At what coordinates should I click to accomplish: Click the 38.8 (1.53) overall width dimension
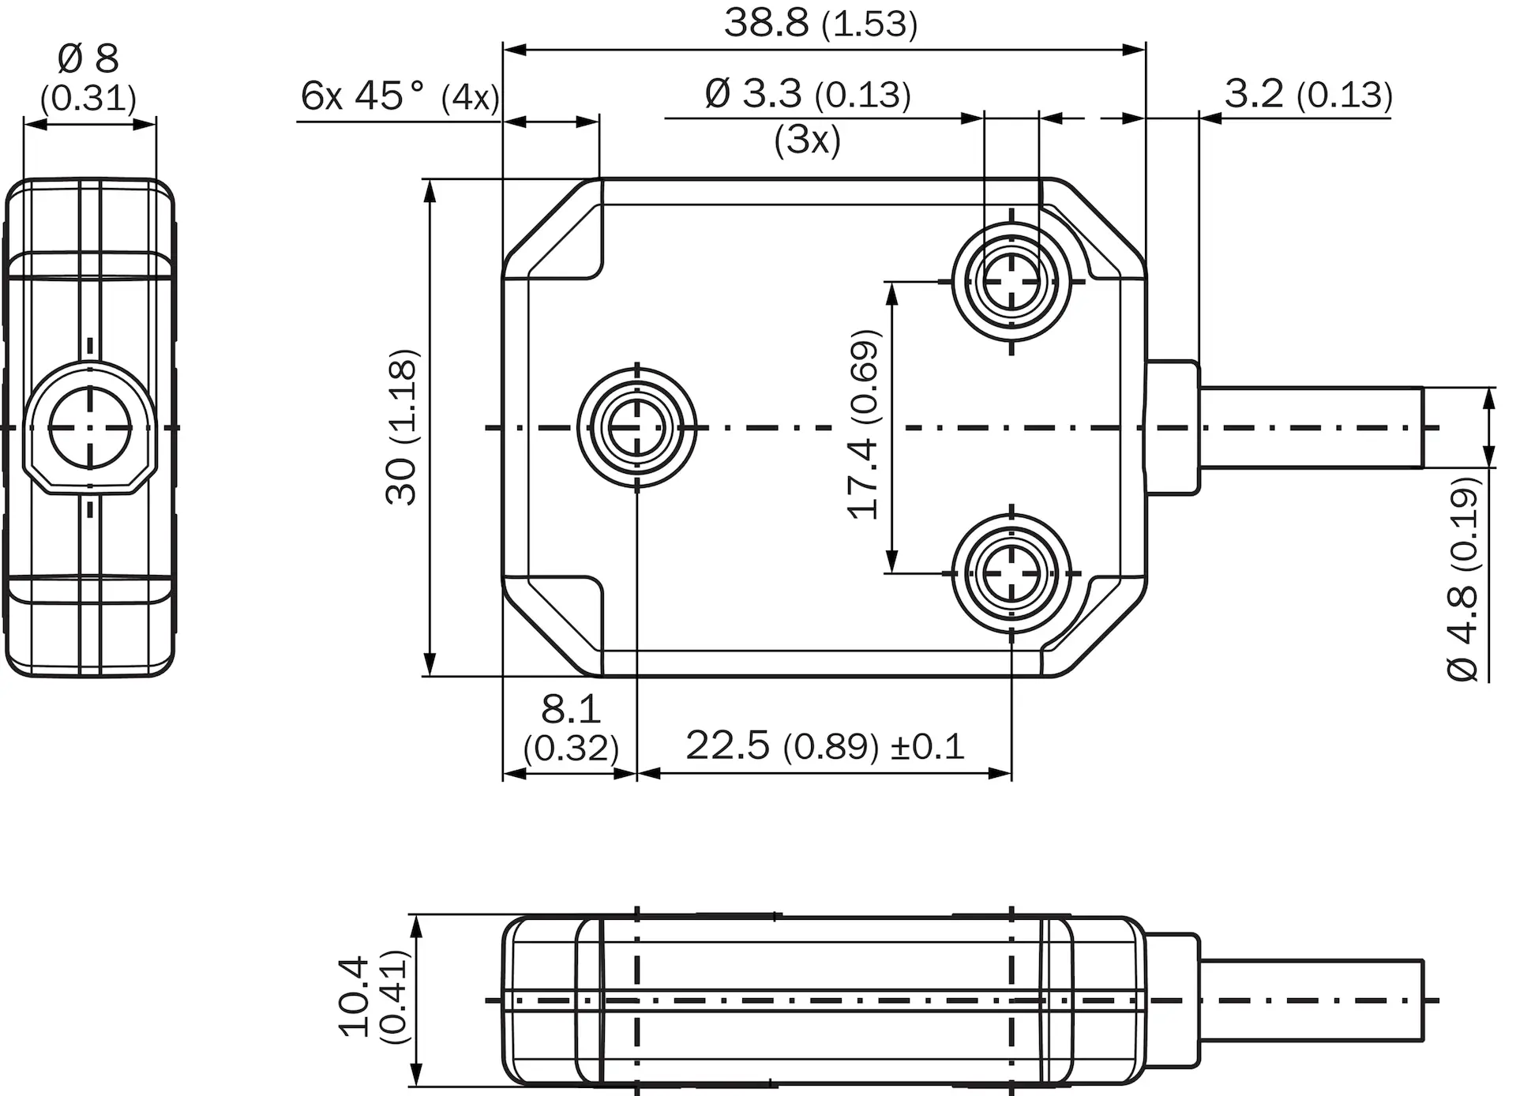click(x=821, y=24)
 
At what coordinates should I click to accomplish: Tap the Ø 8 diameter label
click(x=88, y=58)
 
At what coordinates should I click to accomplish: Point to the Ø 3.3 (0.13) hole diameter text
click(x=808, y=94)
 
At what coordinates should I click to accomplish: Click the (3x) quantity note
click(x=808, y=140)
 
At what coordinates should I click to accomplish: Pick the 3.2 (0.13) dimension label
click(x=1308, y=94)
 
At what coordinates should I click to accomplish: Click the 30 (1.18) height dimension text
click(x=401, y=426)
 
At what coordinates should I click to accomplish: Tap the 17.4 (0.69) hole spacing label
click(x=863, y=424)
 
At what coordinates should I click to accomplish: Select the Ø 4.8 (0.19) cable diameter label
click(x=1463, y=578)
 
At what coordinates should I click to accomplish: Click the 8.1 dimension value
click(x=571, y=709)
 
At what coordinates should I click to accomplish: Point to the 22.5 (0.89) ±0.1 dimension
click(x=825, y=745)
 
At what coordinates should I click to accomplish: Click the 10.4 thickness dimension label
click(x=353, y=997)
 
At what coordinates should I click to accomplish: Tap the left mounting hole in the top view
click(x=637, y=427)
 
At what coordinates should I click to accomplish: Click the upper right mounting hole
click(x=1011, y=280)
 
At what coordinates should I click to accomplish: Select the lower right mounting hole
click(x=1011, y=572)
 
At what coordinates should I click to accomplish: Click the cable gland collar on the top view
click(x=1173, y=428)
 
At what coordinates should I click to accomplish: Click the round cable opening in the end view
click(x=89, y=428)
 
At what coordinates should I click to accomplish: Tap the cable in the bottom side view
click(x=1311, y=1000)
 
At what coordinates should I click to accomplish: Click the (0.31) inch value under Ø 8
click(x=88, y=99)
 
